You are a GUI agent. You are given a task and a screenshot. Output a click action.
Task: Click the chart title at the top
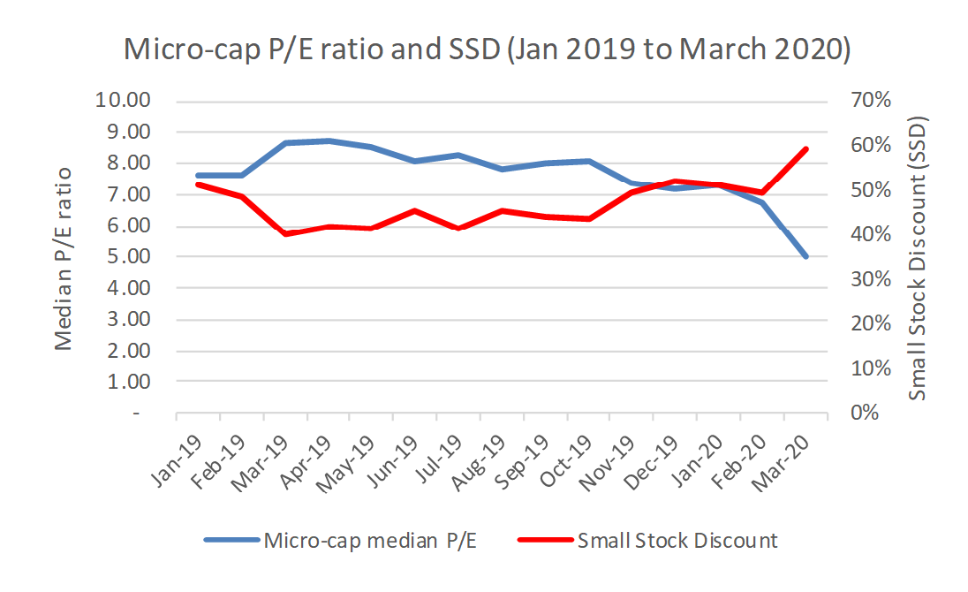[488, 49]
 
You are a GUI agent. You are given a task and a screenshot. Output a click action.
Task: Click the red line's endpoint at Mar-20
[805, 149]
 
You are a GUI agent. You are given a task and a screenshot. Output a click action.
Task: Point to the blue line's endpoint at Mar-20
[805, 256]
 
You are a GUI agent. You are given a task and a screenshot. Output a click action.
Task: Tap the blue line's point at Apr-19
[329, 140]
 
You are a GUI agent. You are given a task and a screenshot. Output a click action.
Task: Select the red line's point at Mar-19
[285, 233]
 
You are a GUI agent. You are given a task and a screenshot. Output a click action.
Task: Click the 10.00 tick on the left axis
[127, 101]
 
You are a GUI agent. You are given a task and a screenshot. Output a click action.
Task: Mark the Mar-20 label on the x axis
[788, 456]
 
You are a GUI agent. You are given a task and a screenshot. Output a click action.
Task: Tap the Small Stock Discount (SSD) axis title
[919, 256]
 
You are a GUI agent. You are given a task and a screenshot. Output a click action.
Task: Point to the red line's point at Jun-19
[415, 211]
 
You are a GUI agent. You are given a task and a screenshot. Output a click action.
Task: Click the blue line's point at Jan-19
[199, 176]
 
